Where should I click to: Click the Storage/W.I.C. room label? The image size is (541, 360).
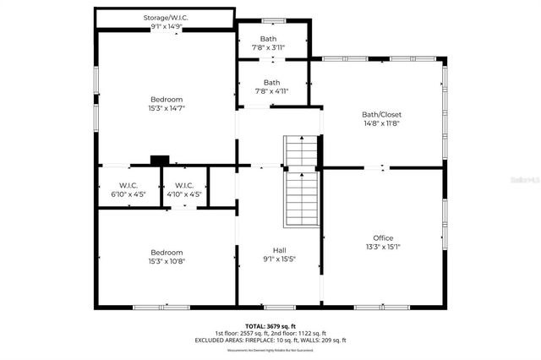[167, 16]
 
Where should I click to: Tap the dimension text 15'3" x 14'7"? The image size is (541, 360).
[167, 108]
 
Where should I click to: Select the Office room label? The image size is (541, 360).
[383, 237]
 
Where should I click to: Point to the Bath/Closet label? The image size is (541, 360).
[382, 114]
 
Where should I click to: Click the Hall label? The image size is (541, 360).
[279, 250]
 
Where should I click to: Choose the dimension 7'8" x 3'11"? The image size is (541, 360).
[268, 48]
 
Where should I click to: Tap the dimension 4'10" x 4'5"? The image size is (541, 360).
[184, 194]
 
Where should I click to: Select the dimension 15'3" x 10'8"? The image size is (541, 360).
[167, 261]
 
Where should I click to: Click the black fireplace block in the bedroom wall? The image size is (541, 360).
[159, 158]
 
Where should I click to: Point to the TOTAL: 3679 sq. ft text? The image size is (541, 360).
[270, 325]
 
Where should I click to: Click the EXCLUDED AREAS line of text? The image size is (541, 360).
[270, 340]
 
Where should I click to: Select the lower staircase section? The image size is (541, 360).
[300, 199]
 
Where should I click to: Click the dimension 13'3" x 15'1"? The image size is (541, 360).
[383, 247]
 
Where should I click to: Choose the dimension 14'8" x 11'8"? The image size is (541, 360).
[382, 123]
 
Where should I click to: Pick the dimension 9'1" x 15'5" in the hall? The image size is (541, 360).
[279, 259]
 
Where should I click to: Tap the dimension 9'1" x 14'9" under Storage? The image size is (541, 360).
[167, 26]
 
